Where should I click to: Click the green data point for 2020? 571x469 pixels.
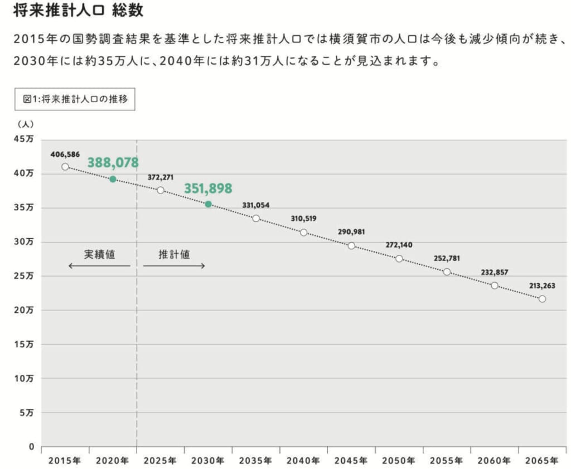(x=113, y=179)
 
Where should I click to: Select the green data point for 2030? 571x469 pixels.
(x=208, y=204)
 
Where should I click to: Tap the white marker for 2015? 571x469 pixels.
(x=65, y=167)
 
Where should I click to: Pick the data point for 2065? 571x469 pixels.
(x=542, y=299)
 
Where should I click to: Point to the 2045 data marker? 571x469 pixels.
(x=351, y=245)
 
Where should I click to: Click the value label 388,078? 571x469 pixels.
(x=113, y=163)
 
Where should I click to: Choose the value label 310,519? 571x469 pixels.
(x=303, y=219)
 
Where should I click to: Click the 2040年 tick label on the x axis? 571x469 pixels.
(x=304, y=461)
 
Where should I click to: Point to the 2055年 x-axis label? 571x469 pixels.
(x=447, y=461)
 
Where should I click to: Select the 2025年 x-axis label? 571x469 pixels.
(x=161, y=461)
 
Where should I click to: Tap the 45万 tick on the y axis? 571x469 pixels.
(x=25, y=139)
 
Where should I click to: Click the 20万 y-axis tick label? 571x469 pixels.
(x=25, y=310)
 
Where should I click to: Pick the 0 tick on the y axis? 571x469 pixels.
(x=31, y=447)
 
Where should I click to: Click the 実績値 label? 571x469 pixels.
(x=99, y=254)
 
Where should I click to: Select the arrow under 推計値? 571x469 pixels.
(x=174, y=265)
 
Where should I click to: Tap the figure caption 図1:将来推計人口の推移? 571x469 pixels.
(x=75, y=99)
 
